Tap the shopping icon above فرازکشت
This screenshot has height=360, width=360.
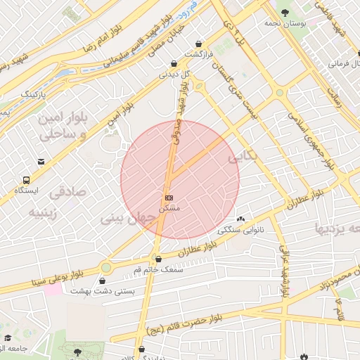pos(200,44)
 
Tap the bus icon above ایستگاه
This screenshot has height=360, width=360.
pos(26,180)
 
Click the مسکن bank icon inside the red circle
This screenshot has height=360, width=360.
pos(169,198)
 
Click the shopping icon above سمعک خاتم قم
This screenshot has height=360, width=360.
pos(157,258)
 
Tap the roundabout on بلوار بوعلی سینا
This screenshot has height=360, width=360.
pos(106,267)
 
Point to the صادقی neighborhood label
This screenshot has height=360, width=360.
pos(67,191)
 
